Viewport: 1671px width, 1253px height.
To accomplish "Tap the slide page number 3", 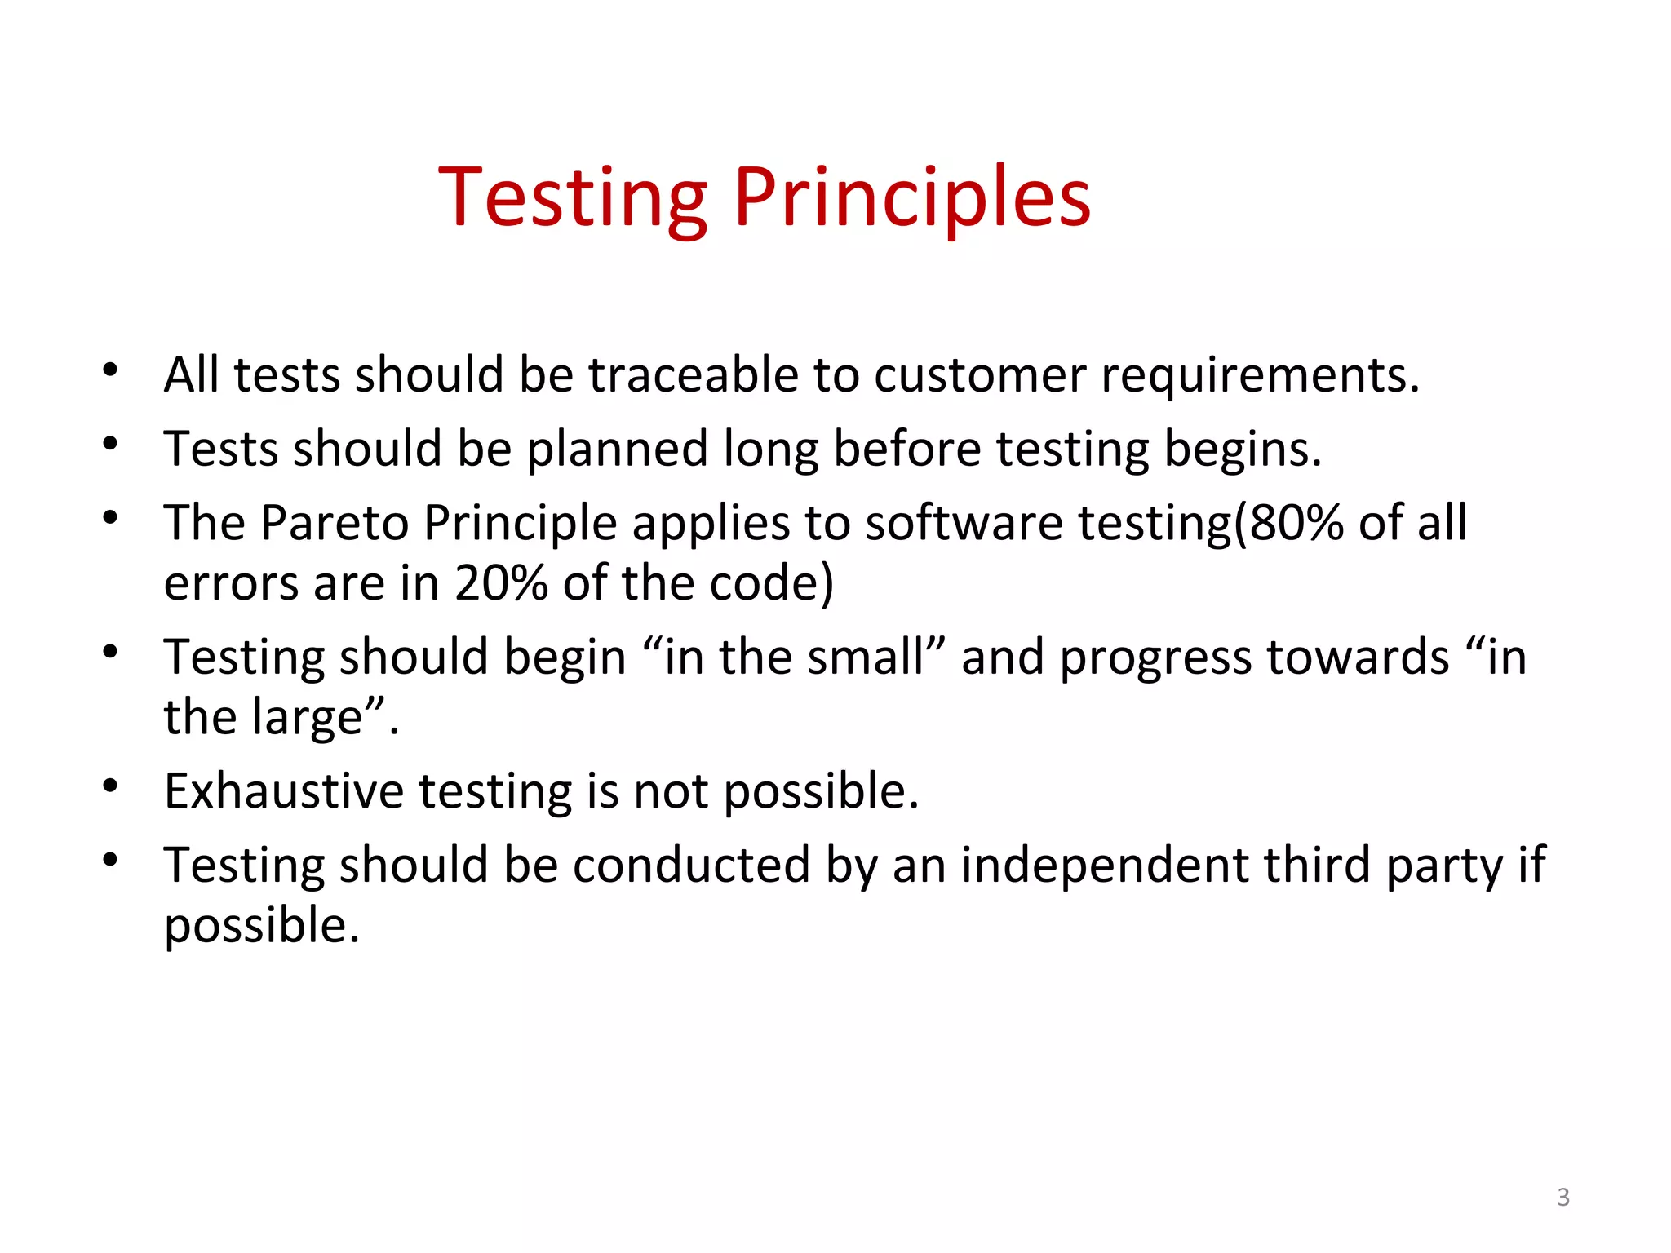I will tap(1563, 1197).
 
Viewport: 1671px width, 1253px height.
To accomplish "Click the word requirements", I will tap(1261, 377).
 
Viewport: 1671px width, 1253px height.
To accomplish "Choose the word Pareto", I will tap(335, 523).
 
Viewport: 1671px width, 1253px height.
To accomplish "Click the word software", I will tap(964, 523).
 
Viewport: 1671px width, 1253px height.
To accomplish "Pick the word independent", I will tap(1105, 865).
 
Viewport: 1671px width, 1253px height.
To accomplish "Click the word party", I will tap(1444, 866).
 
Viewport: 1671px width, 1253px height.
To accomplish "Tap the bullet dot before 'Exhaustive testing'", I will tap(111, 786).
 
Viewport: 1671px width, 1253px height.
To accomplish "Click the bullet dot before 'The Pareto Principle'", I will tap(111, 518).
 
